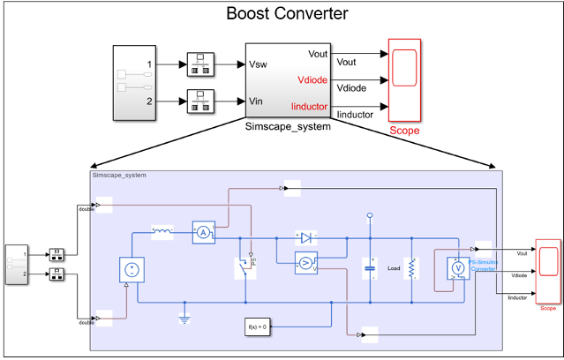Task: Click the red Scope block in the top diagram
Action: pos(404,79)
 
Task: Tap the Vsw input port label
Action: pos(259,65)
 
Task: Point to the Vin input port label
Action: pos(257,101)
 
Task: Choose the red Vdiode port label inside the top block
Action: pos(312,80)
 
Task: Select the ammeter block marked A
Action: pos(203,232)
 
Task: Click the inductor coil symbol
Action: pos(163,232)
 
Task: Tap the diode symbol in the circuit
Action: pos(305,237)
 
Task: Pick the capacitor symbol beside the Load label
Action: pos(369,268)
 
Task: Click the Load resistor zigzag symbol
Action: pos(410,268)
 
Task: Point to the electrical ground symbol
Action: pos(184,318)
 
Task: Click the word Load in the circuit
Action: pos(393,268)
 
